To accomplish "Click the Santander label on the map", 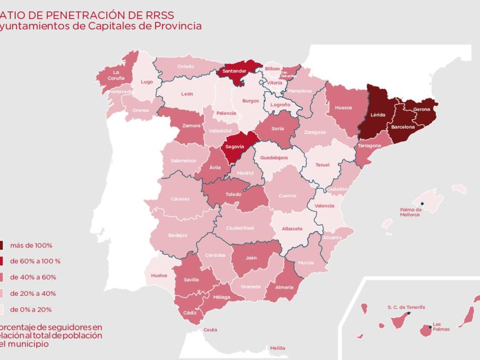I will click(x=234, y=71).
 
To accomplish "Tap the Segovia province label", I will click(x=234, y=146).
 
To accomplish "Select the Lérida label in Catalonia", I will click(x=378, y=115).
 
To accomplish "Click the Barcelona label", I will click(x=403, y=127).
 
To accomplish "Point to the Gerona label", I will click(x=421, y=109).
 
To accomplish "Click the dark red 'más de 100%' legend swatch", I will click(x=2, y=245).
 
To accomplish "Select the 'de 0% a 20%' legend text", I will click(x=30, y=309).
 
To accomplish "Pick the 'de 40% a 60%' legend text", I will click(x=33, y=277).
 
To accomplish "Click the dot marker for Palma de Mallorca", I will click(x=422, y=204).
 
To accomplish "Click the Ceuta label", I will click(x=210, y=330).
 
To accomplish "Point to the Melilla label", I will click(x=278, y=348).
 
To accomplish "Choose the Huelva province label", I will click(x=159, y=275).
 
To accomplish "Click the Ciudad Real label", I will click(x=240, y=228).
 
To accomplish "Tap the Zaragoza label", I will click(x=315, y=132).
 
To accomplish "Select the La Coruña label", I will click(x=116, y=75).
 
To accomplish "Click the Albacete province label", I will click(x=292, y=228).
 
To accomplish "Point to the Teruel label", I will click(x=322, y=165).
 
